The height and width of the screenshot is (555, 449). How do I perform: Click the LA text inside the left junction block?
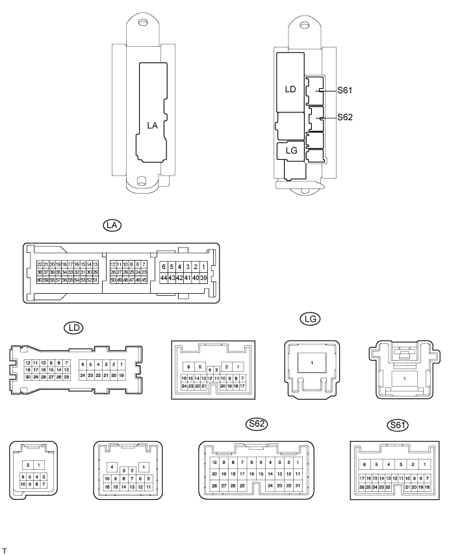point(153,125)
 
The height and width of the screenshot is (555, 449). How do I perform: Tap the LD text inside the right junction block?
point(290,90)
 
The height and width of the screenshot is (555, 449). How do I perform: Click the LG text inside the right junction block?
point(292,150)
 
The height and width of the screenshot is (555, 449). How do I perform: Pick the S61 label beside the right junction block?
point(345,92)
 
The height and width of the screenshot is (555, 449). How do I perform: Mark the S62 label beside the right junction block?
point(345,118)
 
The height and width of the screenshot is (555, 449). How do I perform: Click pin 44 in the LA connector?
point(164,278)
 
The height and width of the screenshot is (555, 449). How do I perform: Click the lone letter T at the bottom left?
point(5,550)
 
